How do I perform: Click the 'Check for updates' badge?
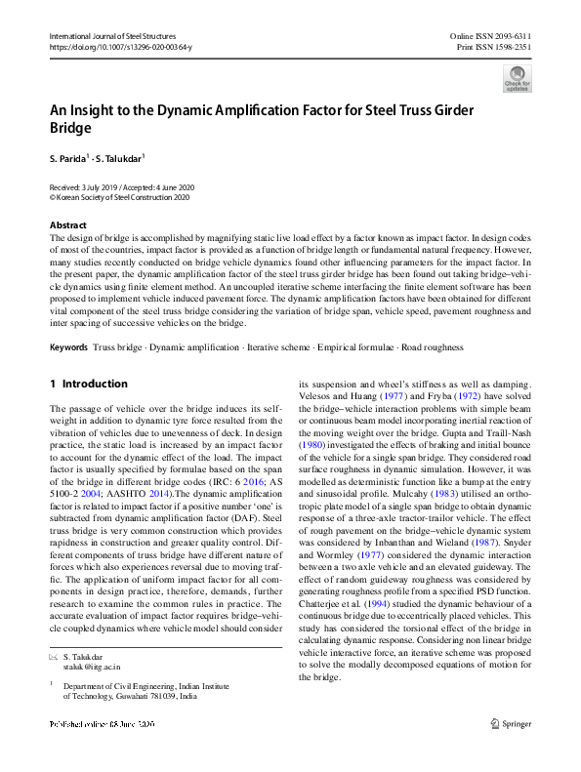click(517, 78)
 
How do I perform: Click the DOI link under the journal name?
click(120, 47)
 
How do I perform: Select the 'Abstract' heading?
click(68, 224)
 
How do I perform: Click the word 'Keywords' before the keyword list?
click(71, 347)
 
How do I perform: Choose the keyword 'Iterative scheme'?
click(271, 347)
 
